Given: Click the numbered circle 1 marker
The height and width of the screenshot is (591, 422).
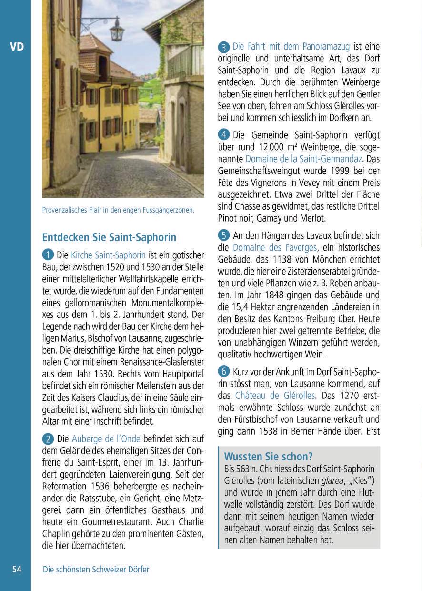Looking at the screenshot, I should tap(48, 255).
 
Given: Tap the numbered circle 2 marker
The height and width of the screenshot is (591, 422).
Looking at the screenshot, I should tap(48, 438).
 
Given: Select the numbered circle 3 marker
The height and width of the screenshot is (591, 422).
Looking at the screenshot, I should tap(224, 47).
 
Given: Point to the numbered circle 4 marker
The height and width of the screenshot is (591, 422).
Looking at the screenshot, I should tap(224, 135).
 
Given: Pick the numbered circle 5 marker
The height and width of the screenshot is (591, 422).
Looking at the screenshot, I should tap(224, 235).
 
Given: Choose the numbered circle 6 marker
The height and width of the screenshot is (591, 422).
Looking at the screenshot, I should tap(224, 371).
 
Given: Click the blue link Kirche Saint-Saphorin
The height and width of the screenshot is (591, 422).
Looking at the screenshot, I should tap(108, 255).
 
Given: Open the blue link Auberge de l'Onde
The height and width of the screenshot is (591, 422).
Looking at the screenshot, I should tap(106, 438).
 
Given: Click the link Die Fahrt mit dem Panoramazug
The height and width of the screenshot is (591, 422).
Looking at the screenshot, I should tap(291, 47).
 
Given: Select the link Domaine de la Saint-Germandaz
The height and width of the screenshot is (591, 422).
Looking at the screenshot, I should tap(304, 159).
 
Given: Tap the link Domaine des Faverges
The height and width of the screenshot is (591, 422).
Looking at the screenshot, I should tap(275, 247).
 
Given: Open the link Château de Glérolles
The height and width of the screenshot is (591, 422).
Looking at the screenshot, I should tap(275, 396).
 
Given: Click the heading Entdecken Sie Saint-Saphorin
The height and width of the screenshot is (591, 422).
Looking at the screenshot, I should tap(109, 237).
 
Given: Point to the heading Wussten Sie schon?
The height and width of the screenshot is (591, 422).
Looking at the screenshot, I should tap(269, 457).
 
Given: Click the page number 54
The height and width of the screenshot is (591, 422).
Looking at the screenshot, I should tap(17, 570).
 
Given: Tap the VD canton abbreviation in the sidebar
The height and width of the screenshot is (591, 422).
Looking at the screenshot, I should tap(17, 47).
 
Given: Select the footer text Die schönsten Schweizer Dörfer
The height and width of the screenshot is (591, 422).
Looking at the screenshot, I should tap(96, 570).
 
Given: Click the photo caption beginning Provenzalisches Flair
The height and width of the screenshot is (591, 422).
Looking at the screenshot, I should tap(118, 210).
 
